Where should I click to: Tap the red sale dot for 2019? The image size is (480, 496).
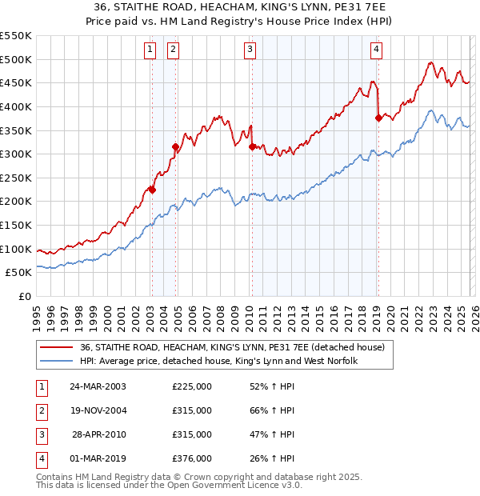click(x=378, y=118)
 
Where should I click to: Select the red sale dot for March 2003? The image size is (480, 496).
click(x=152, y=190)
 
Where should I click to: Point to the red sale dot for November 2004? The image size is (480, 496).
click(x=175, y=146)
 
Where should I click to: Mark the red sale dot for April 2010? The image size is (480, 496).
click(x=252, y=146)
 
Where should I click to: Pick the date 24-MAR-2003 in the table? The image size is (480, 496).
click(x=98, y=386)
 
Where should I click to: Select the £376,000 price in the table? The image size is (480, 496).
click(x=192, y=458)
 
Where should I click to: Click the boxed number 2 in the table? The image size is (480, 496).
click(x=40, y=410)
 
